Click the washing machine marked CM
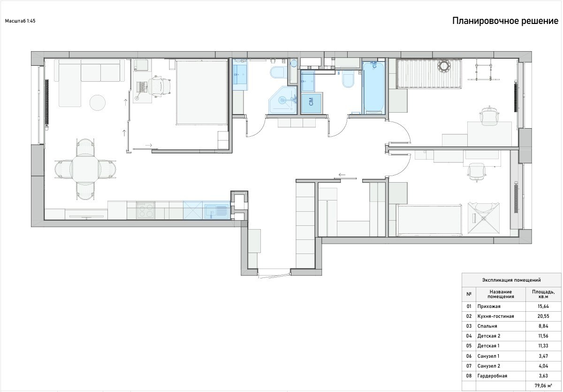click(x=312, y=103)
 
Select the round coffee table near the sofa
click(x=98, y=102)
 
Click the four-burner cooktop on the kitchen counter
click(x=145, y=210)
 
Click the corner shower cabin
click(x=283, y=100)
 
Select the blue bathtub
click(x=373, y=87)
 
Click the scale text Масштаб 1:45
click(x=20, y=21)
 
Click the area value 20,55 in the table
click(x=543, y=316)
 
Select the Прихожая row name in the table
click(x=489, y=306)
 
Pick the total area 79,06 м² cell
click(x=543, y=385)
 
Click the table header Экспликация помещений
click(x=511, y=280)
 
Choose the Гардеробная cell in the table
click(x=492, y=376)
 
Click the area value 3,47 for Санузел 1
click(x=543, y=356)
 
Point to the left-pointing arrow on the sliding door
click(x=342, y=175)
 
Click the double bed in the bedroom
click(x=202, y=92)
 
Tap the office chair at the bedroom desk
click(x=160, y=86)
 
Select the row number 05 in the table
click(x=469, y=346)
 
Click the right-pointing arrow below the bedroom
click(x=149, y=145)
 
